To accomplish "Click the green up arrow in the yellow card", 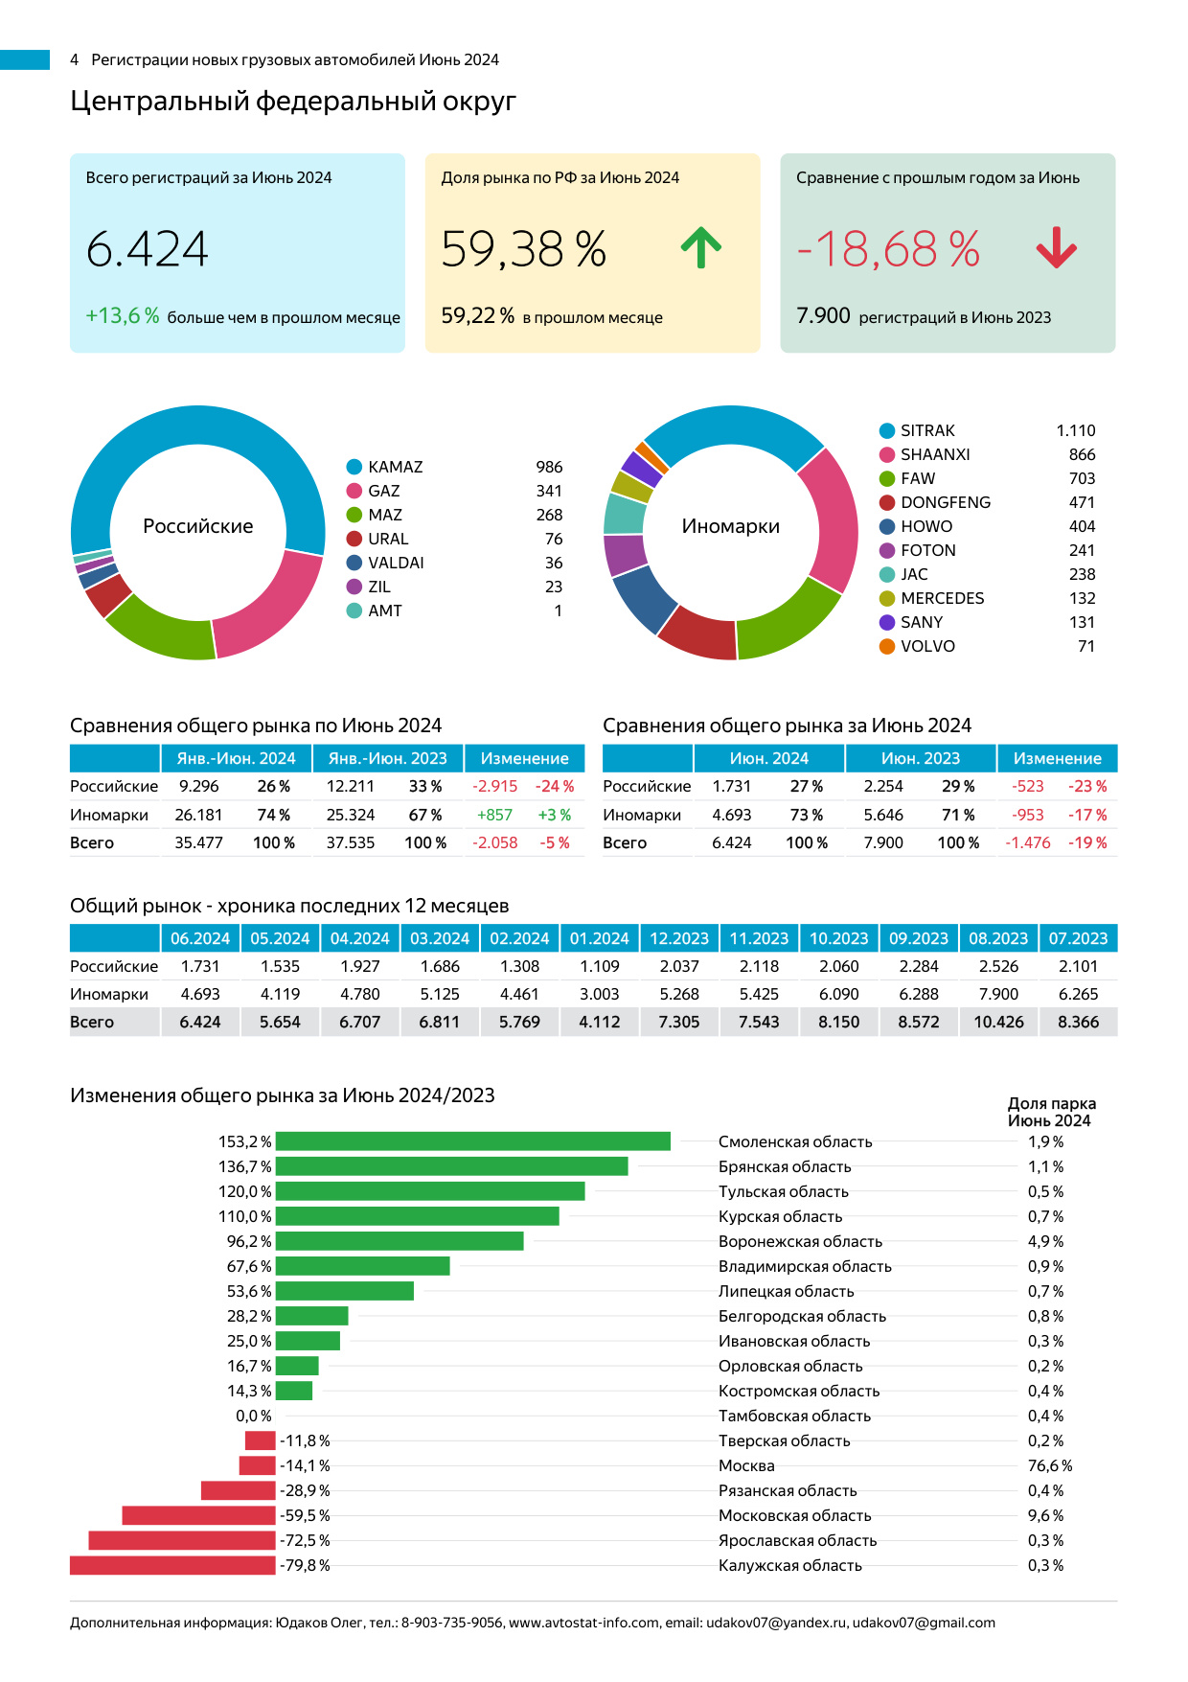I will click(700, 247).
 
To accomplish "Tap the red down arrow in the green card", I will click(1056, 247).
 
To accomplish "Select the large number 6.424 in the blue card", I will click(148, 249).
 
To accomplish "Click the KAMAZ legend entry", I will click(395, 467).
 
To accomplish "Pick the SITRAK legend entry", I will click(926, 430).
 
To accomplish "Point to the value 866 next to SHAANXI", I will click(1082, 454).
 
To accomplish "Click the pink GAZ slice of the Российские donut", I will click(273, 606).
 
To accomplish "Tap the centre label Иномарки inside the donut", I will click(730, 526).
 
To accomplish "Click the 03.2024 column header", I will click(440, 938).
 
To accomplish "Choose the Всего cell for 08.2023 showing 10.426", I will click(998, 1022).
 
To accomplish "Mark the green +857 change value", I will click(494, 815).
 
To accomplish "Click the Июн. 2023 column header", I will click(920, 758).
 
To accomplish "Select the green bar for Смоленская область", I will click(472, 1141).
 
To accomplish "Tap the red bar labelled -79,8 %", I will click(172, 1565).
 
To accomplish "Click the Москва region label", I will click(746, 1465).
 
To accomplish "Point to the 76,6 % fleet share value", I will click(1049, 1465).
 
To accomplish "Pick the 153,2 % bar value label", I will click(244, 1141).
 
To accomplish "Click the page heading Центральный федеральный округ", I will click(293, 101).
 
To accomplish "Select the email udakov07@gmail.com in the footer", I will click(924, 1623).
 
